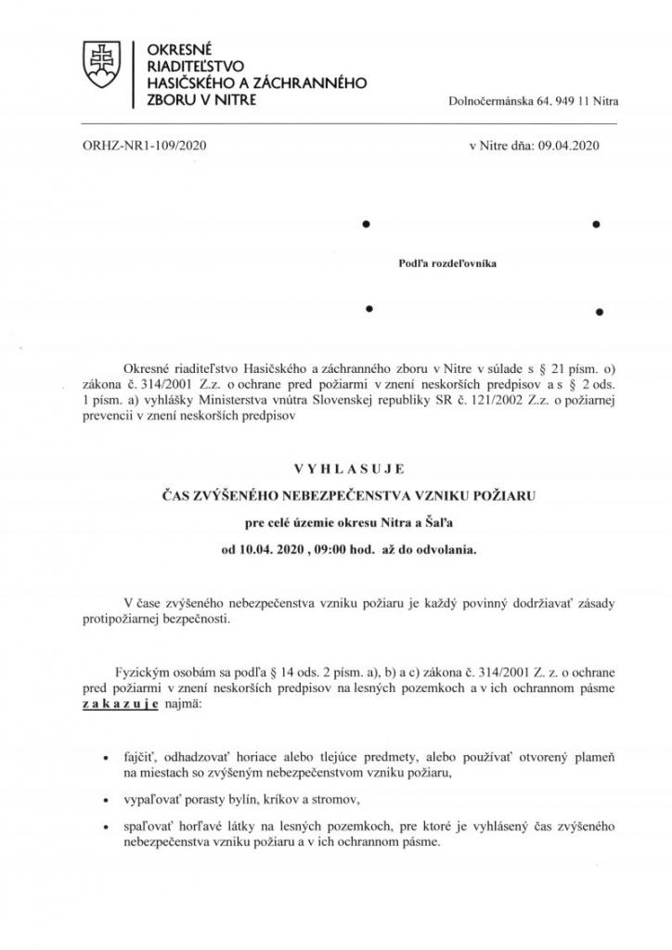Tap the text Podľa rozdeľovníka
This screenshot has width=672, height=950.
pos(447,263)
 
